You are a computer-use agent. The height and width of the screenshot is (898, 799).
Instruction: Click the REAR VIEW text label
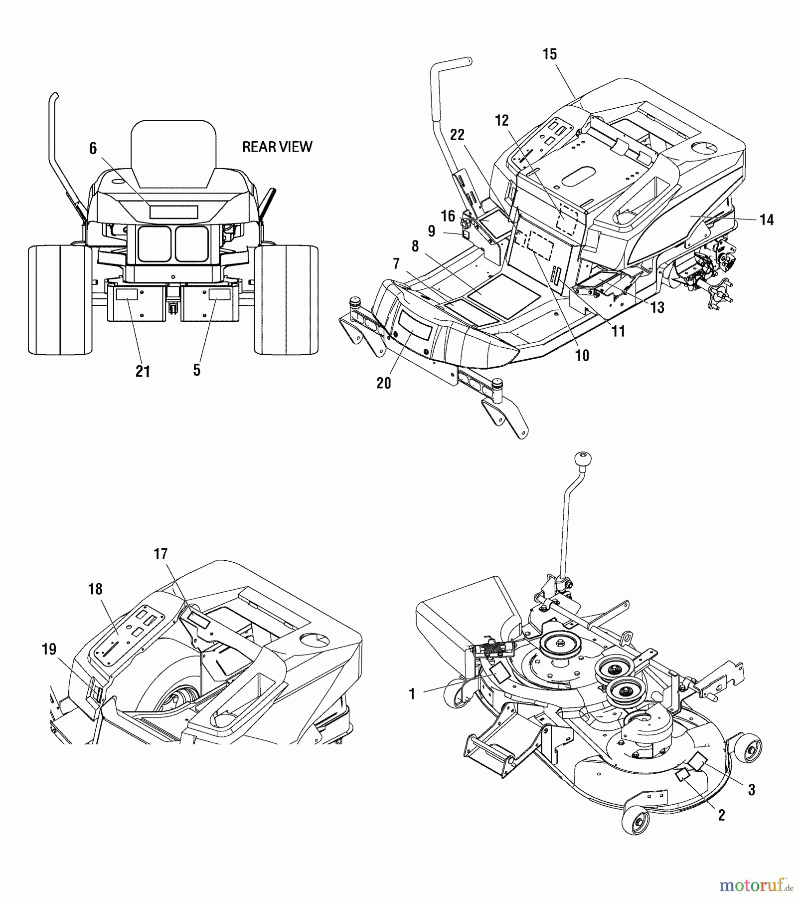pos(277,147)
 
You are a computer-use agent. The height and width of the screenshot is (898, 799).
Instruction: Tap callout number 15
pos(549,54)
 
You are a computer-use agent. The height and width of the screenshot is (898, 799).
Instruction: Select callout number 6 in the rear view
pos(93,149)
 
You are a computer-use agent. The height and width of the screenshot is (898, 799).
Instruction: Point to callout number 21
pos(143,372)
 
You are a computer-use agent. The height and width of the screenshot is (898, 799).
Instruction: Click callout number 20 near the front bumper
pos(383,383)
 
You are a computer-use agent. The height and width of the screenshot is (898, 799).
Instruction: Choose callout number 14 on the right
pos(767,220)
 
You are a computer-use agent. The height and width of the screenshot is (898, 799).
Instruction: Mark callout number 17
pos(160,554)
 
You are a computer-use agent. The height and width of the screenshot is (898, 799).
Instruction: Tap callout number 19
pos(49,650)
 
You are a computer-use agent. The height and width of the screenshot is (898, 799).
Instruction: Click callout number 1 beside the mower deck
pos(412,694)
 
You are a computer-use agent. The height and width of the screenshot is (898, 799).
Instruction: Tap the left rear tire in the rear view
pos(60,299)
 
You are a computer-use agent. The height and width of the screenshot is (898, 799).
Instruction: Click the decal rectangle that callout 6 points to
pos(173,212)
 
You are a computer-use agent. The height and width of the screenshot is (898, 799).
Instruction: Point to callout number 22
pos(457,135)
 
